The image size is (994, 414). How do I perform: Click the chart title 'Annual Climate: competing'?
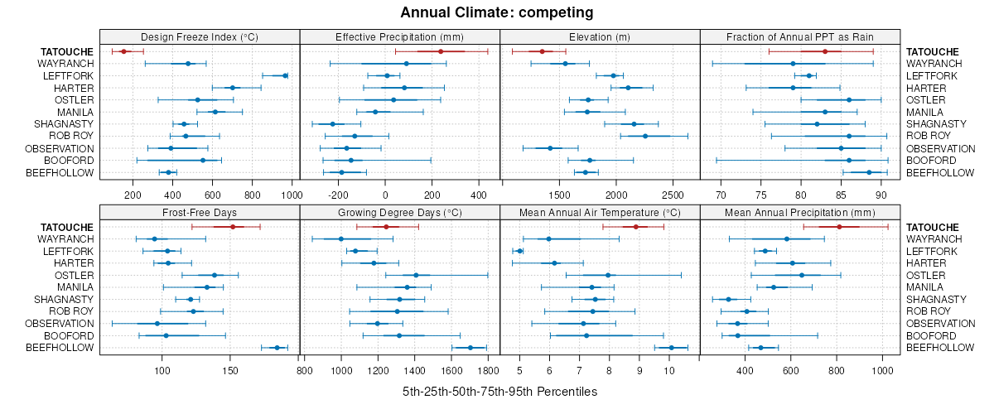coord(496,12)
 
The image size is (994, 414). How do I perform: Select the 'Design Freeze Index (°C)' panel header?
coord(200,36)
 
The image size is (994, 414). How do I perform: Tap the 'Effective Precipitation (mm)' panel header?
coord(399,36)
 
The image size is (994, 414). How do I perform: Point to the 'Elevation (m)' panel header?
coord(600,36)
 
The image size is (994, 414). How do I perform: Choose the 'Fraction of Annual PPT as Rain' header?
coord(799,36)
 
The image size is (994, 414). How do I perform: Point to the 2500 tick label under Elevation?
coord(673,195)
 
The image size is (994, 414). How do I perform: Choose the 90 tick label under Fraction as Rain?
coord(881,195)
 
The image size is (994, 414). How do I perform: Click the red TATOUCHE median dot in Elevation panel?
coord(542,51)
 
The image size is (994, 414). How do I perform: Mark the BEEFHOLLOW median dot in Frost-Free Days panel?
coord(277,348)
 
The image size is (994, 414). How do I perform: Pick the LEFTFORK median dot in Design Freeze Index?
coord(285,75)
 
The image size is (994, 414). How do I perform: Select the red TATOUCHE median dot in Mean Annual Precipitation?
coord(839,227)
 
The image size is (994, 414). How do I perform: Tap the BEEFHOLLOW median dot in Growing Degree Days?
coord(470,348)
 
